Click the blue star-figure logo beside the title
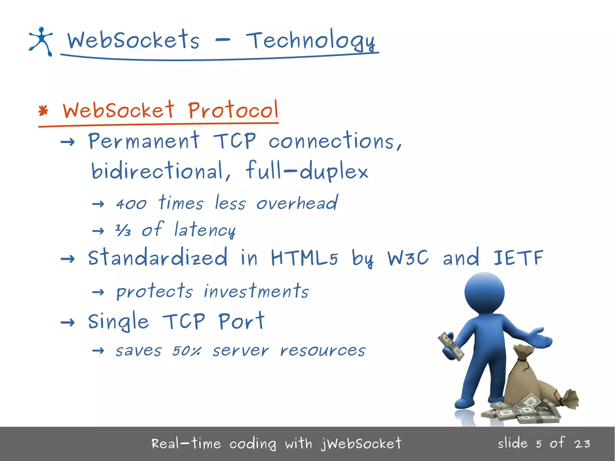[x=41, y=41]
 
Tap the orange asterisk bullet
[x=43, y=111]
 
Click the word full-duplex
[x=307, y=171]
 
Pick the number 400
[x=131, y=204]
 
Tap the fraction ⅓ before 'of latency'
[x=123, y=230]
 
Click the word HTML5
[x=304, y=258]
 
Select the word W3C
[x=408, y=258]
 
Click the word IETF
[x=518, y=258]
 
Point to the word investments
[x=256, y=291]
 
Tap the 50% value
[x=187, y=350]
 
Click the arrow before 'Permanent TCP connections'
[x=68, y=142]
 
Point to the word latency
[x=205, y=230]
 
